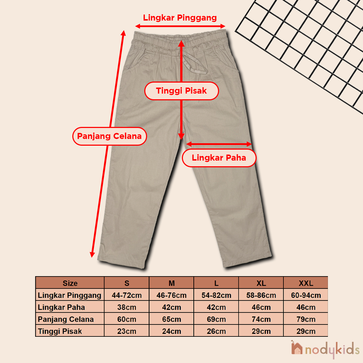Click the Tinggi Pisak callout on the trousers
[x=181, y=91]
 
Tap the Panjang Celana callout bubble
[x=110, y=136]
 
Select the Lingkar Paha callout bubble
[x=219, y=158]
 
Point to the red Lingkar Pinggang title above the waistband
[x=180, y=18]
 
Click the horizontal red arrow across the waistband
[x=180, y=26]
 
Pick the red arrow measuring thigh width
[x=219, y=144]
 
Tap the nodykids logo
[x=325, y=349]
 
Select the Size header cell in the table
[x=70, y=283]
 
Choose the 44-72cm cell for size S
[x=127, y=295]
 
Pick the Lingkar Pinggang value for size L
[x=216, y=295]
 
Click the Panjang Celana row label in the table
[x=66, y=319]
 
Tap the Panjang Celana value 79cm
[x=306, y=319]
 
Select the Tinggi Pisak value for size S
[x=127, y=331]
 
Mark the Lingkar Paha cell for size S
[x=127, y=307]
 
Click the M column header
[x=172, y=283]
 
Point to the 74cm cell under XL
[x=261, y=319]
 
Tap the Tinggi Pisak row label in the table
[x=60, y=331]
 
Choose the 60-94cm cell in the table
[x=306, y=295]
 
